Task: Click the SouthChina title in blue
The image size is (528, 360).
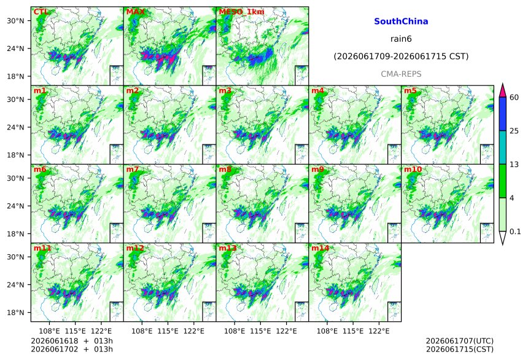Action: pos(401,22)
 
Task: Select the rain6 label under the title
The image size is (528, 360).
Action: pos(401,39)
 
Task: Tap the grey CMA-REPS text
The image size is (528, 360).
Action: pos(401,74)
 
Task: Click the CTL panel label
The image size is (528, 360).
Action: pos(41,12)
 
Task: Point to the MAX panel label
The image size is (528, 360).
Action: pos(135,12)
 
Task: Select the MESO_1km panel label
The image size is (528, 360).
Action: pos(241,12)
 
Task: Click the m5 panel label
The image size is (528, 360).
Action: pos(410,91)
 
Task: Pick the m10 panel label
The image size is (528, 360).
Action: pos(413,169)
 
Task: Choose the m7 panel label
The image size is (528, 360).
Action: pos(133,169)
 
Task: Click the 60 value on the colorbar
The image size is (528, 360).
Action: pos(514,98)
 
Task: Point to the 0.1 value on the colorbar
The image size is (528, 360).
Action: pos(515,232)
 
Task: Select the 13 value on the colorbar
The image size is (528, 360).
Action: pos(514,165)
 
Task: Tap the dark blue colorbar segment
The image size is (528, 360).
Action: pos(502,114)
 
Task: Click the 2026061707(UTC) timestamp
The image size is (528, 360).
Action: pos(460,341)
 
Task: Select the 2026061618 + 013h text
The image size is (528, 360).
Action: pos(72,341)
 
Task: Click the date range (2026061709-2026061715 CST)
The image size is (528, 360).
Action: pos(401,57)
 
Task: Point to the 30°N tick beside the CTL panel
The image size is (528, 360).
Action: pos(15,21)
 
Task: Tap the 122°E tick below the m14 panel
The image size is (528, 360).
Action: pos(379,331)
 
